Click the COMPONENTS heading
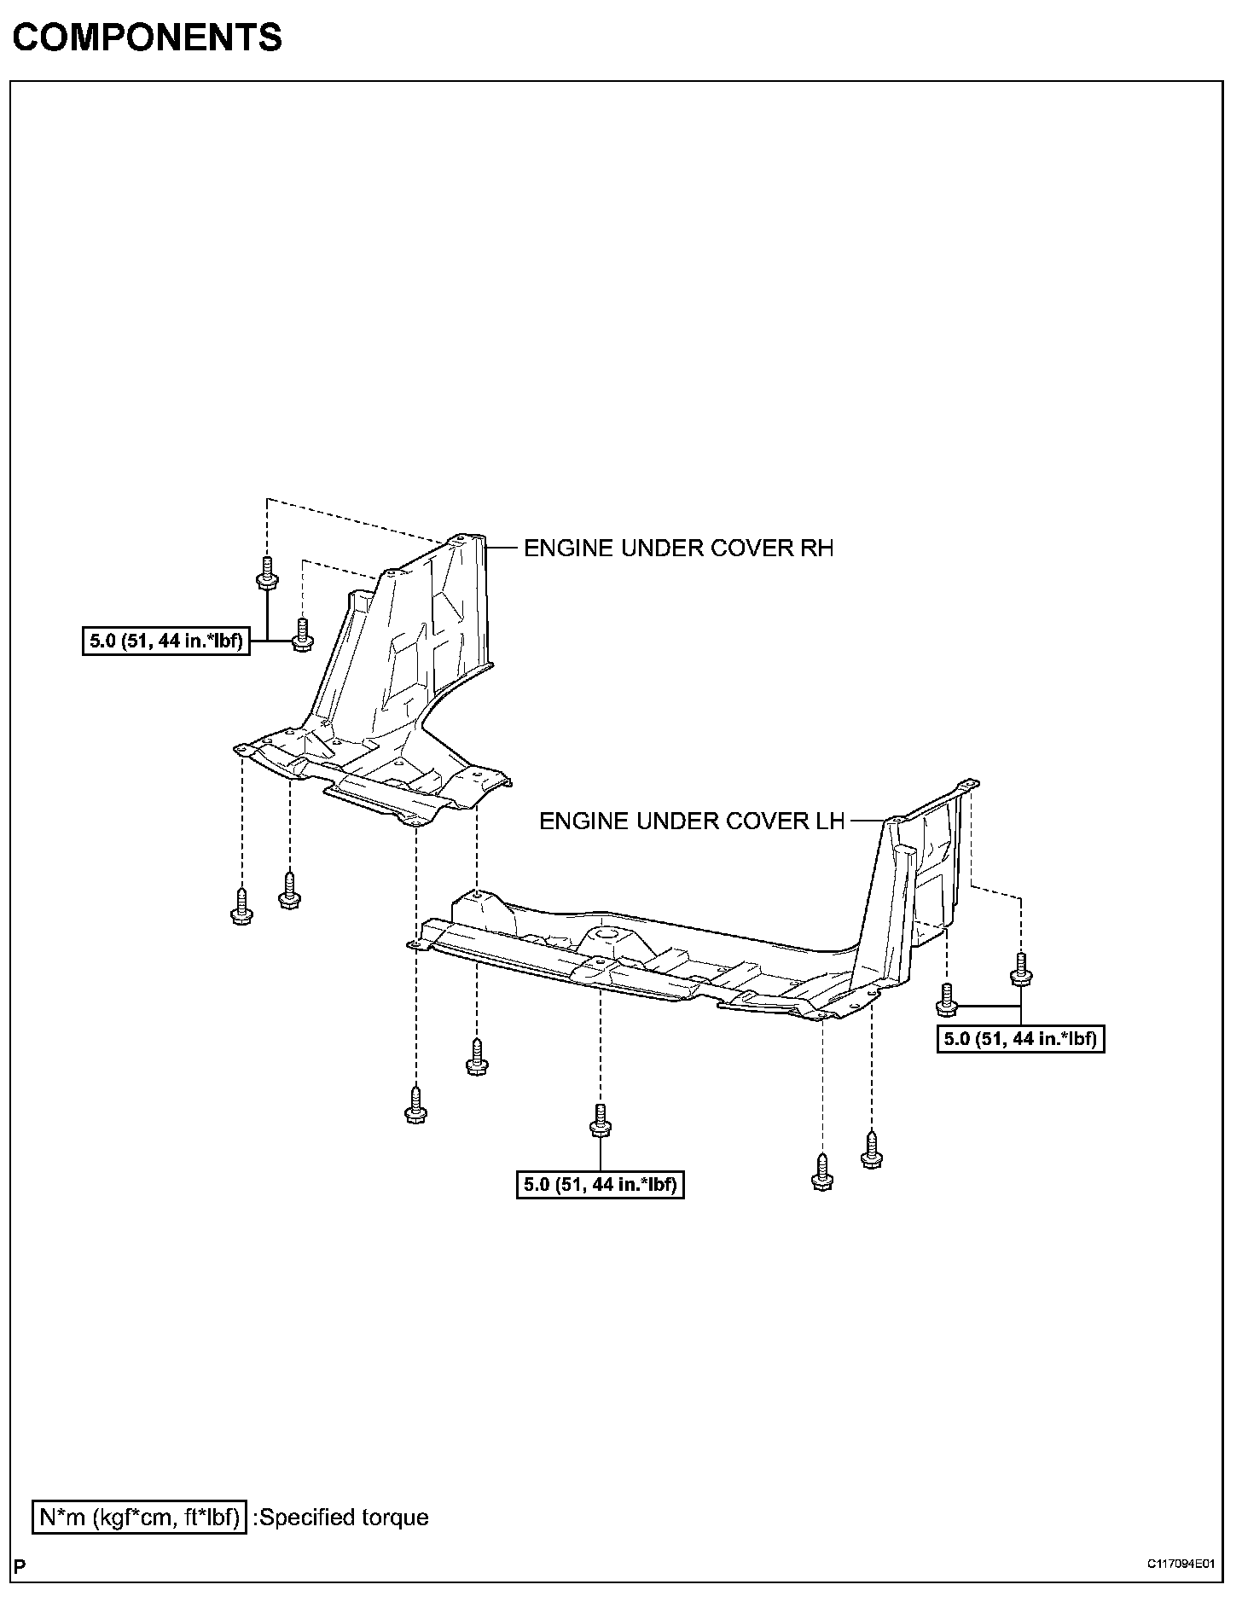147,38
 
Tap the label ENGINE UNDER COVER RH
678,549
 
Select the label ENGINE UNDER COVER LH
692,821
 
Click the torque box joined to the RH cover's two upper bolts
167,641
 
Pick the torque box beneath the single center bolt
601,1185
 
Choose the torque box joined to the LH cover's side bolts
1020,1039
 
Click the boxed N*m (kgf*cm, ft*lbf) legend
140,1518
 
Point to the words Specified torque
345,1518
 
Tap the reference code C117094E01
1180,1564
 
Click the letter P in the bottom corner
20,1566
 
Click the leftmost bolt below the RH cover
241,907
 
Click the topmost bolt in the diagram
267,572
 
